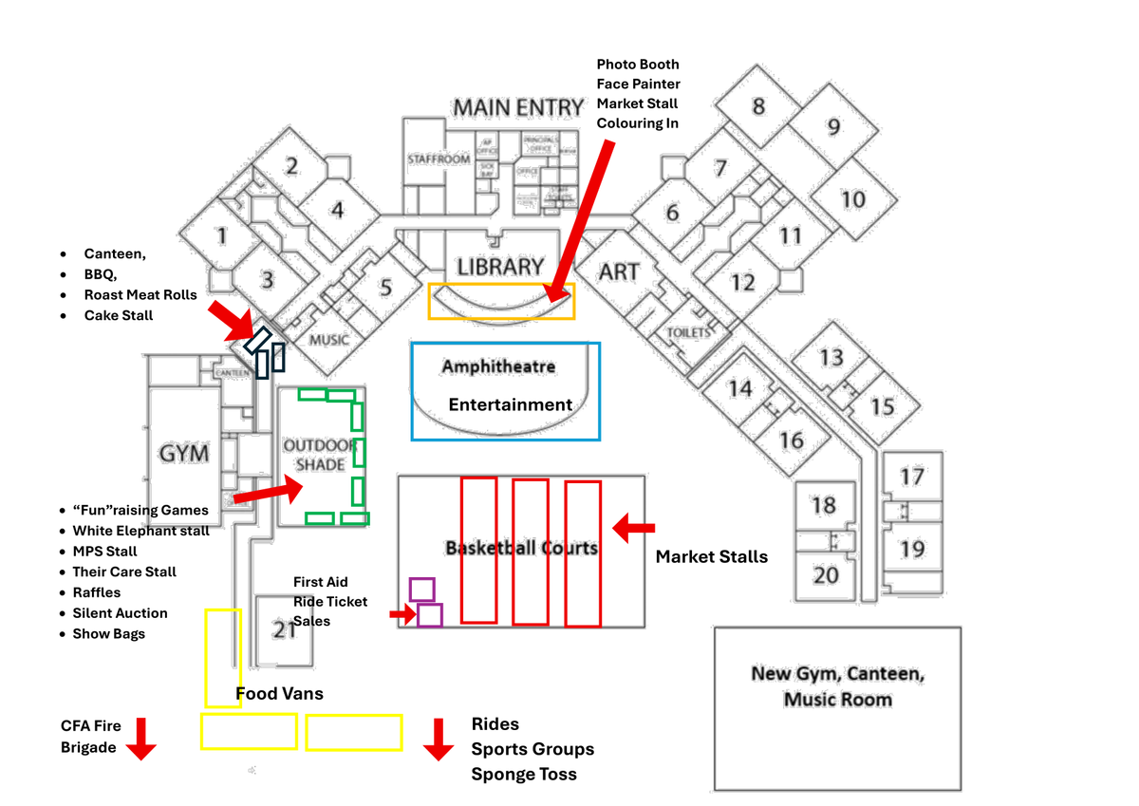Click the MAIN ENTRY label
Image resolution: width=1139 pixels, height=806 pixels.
point(517,107)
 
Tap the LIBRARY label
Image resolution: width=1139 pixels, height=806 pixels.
point(500,267)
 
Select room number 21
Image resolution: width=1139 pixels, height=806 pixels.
point(285,628)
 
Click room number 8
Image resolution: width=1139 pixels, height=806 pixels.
point(758,105)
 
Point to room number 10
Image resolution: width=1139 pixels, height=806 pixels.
point(853,199)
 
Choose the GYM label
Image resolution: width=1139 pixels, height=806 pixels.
point(184,454)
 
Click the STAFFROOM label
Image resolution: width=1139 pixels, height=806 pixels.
point(439,159)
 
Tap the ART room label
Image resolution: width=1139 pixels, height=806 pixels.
point(619,272)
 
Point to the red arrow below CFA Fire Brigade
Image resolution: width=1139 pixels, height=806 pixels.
point(141,738)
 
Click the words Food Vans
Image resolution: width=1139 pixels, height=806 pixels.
point(279,694)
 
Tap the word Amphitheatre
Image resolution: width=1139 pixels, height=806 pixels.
point(498,366)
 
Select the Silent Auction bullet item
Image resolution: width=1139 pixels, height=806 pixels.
point(120,613)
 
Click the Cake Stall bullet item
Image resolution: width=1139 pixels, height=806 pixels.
point(118,315)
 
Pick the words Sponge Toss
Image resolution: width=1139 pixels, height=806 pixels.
point(524,774)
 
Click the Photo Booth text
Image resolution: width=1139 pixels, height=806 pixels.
point(638,65)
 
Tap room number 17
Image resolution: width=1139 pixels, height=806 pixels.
point(912,476)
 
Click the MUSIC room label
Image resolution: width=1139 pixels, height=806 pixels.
point(329,340)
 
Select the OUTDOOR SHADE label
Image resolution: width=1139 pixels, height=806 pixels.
point(320,455)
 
